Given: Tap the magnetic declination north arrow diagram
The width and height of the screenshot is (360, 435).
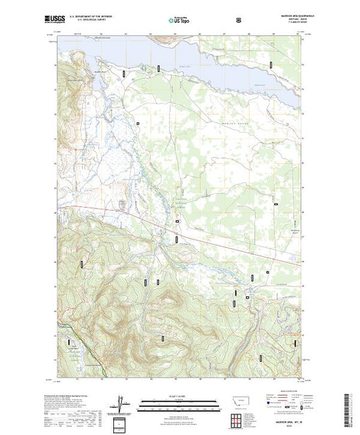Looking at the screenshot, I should [120, 402].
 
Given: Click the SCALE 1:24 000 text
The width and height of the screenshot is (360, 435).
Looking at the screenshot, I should [179, 396].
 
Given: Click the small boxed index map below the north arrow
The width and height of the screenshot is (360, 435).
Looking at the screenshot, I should [120, 423].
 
